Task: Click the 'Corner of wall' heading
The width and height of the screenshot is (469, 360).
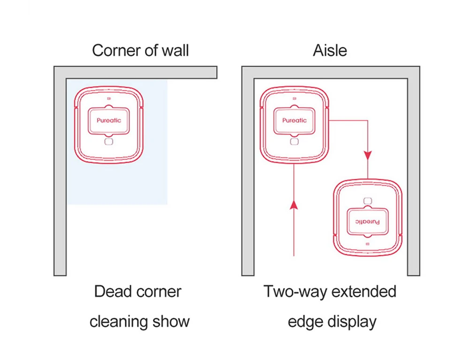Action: [x=140, y=50]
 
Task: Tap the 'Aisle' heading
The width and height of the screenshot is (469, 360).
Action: [x=330, y=50]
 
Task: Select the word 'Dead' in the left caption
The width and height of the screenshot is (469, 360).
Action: [x=108, y=291]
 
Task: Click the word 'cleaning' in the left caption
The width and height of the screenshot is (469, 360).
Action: [x=119, y=322]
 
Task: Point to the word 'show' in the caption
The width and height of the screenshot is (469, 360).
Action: [x=171, y=322]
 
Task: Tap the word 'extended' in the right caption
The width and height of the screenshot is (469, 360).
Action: [x=364, y=291]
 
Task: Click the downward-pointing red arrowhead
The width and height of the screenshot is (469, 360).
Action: [x=368, y=156]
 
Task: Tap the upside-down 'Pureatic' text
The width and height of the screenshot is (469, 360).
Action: [x=368, y=222]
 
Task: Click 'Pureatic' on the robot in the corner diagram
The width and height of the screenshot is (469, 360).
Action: [x=109, y=120]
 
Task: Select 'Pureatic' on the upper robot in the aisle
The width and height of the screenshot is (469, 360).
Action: [x=295, y=120]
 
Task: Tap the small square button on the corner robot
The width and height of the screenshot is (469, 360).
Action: [x=109, y=142]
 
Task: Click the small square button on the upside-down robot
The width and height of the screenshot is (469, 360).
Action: [x=368, y=201]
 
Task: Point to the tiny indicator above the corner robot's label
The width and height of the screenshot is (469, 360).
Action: [x=109, y=98]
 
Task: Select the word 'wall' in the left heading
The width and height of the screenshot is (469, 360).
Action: [x=175, y=50]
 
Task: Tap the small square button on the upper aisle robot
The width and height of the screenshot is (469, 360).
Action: [x=295, y=142]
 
